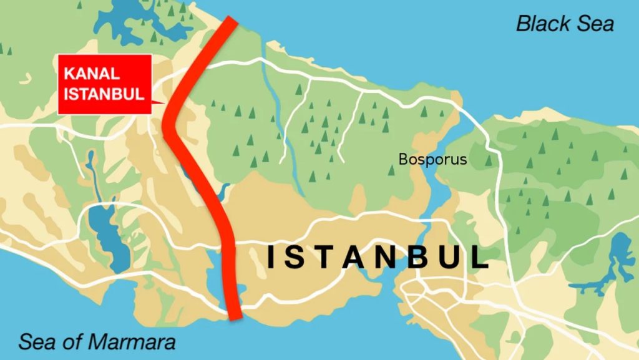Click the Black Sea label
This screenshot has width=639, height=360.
point(565,24)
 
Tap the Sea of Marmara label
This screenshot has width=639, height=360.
point(97,341)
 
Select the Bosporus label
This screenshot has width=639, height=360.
point(432,159)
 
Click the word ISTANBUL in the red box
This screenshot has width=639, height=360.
point(104,94)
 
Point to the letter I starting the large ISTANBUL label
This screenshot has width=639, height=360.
point(271,258)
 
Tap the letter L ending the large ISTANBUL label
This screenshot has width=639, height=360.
point(480,258)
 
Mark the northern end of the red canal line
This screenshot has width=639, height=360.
point(232,21)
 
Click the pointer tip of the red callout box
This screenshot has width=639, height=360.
point(164,103)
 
